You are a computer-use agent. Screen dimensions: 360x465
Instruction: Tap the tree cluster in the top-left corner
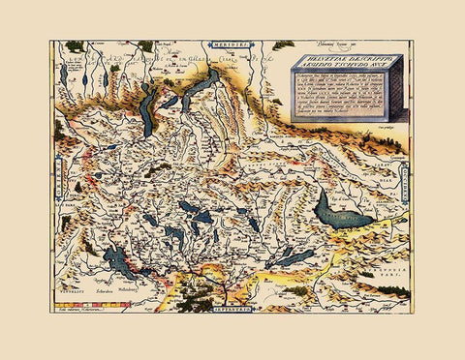(x=74, y=46)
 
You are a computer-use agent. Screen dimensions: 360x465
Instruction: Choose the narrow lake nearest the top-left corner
(x=64, y=74)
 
